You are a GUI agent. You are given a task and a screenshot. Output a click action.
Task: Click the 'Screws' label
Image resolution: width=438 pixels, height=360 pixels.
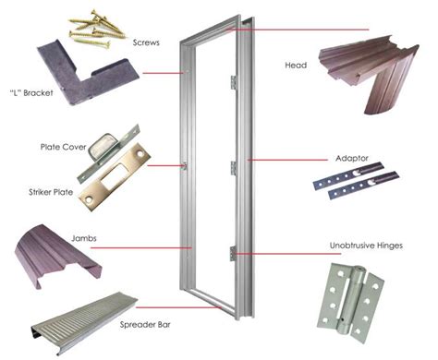coord(145,43)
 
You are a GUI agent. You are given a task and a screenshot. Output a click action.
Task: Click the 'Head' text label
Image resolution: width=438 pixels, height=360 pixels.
coord(298,66)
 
